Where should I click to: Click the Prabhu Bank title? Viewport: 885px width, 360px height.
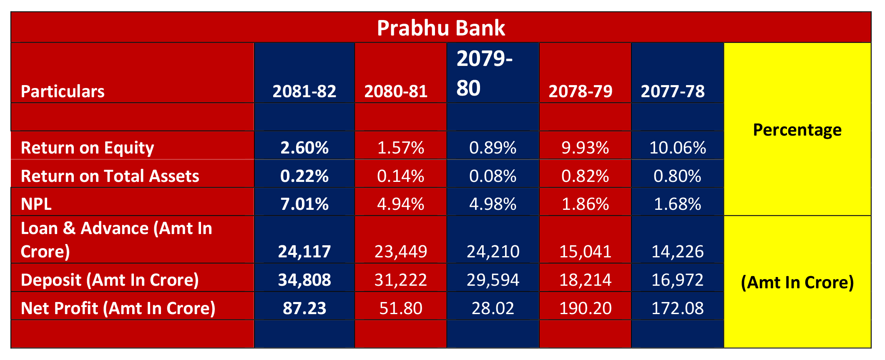441,28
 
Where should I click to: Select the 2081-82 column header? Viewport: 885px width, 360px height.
304,91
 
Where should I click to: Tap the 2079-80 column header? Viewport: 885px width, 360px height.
484,73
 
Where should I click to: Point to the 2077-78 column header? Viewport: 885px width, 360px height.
672,91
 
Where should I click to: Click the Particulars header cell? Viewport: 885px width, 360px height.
63,91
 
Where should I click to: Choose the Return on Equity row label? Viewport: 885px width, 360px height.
87,148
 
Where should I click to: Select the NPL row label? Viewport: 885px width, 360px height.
36,204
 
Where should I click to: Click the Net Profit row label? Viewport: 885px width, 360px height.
118,308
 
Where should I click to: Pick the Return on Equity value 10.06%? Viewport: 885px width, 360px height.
677,148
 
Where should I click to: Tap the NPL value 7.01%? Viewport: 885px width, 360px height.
304,204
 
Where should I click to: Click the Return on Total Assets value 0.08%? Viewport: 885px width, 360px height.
493,176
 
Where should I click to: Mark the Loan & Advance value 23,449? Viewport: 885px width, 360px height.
400,251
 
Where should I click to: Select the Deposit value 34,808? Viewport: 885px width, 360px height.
304,280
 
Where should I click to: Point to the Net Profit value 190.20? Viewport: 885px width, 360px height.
585,308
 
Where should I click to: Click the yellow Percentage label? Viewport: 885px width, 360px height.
797,130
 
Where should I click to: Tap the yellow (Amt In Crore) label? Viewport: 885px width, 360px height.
797,282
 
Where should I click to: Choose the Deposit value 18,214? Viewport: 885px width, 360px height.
585,280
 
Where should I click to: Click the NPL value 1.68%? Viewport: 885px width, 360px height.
677,204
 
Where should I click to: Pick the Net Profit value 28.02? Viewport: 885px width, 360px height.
493,308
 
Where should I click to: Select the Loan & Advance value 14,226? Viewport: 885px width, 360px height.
677,251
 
